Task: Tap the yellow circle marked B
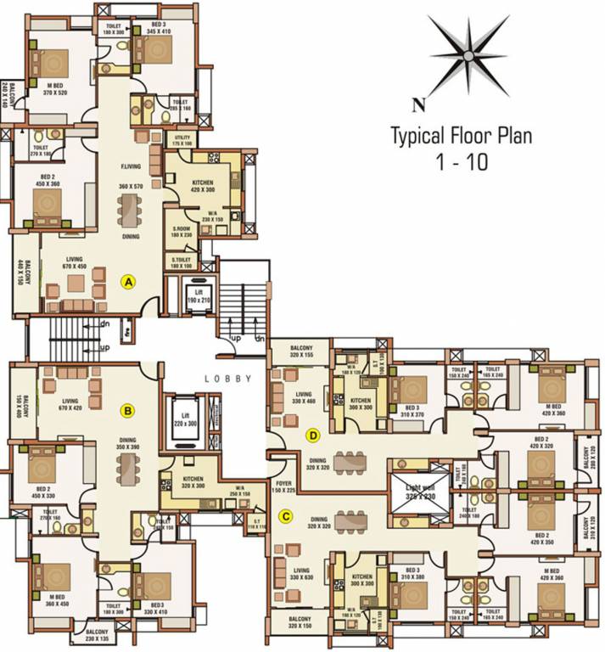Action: pyautogui.click(x=128, y=412)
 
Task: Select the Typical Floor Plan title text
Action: pyautogui.click(x=461, y=136)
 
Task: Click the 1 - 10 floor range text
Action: pyautogui.click(x=462, y=162)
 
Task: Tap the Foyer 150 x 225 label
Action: pyautogui.click(x=283, y=486)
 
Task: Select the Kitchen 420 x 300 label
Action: pyautogui.click(x=203, y=187)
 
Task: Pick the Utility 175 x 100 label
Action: pyautogui.click(x=184, y=141)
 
